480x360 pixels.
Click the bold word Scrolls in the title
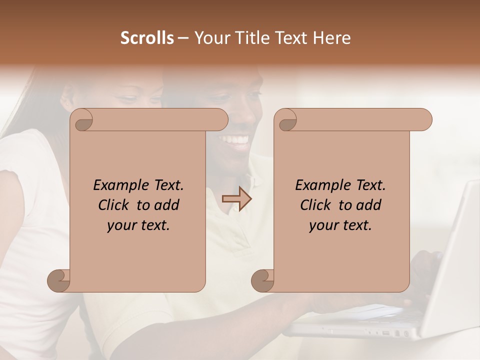147,38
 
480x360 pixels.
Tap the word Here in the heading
332,38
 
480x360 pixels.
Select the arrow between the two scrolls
236,199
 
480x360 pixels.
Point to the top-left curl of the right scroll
286,120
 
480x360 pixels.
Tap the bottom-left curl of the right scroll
262,280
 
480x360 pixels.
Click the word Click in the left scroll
114,205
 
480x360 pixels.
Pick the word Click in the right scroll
316,205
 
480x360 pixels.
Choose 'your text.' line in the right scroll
340,225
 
